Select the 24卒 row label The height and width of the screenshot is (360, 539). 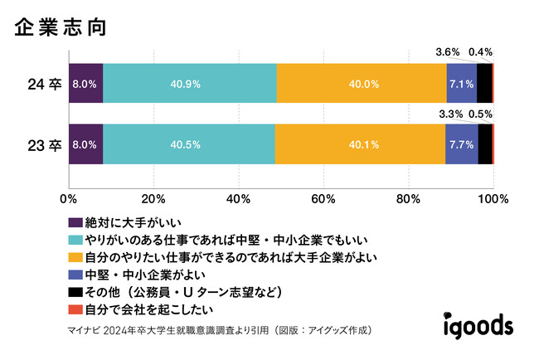[43, 83]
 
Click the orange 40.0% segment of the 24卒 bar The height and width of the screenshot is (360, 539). [362, 83]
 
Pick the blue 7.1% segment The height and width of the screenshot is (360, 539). [462, 83]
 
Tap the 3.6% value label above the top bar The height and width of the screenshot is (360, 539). [448, 52]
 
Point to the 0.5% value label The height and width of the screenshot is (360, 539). [481, 114]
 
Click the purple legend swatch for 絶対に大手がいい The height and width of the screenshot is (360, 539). [75, 222]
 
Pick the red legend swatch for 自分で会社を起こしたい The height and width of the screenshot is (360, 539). [75, 309]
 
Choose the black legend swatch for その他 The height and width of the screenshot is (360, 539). [75, 292]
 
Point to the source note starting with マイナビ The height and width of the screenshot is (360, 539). [216, 330]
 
